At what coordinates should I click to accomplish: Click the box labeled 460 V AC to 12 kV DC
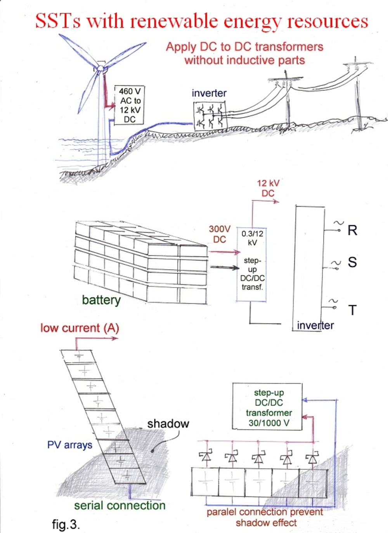pos(130,105)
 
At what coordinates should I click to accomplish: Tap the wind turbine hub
pos(100,69)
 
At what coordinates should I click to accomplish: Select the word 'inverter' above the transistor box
pos(209,93)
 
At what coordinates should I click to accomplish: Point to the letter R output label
pos(352,230)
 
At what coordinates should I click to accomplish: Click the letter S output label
pos(352,262)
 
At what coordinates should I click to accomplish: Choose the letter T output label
pos(352,310)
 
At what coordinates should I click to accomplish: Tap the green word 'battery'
pos(101,300)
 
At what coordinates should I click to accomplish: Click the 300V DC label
pos(220,234)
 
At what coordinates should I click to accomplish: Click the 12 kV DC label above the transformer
pos(268,188)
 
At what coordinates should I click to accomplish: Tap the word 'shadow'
pos(168,424)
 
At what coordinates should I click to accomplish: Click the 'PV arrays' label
pos(70,445)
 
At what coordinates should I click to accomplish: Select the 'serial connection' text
pos(120,505)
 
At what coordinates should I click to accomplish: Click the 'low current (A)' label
pos(80,328)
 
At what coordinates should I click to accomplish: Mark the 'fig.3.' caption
pos(66,524)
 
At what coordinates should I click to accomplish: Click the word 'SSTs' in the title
pos(58,21)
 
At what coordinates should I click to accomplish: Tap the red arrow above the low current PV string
pos(97,338)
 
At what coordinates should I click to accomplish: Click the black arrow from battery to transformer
pos(225,267)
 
